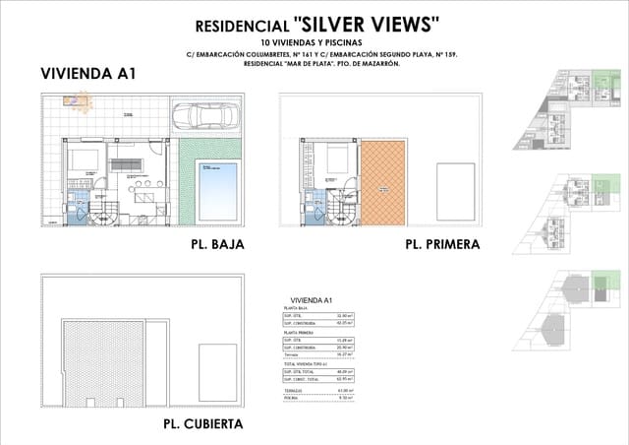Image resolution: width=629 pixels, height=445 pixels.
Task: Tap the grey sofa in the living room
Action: pyautogui.click(x=125, y=163)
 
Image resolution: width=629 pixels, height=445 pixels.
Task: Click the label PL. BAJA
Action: pyautogui.click(x=211, y=243)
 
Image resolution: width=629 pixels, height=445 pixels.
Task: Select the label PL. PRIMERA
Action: pyautogui.click(x=442, y=244)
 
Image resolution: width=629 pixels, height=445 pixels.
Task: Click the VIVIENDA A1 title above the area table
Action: pyautogui.click(x=312, y=299)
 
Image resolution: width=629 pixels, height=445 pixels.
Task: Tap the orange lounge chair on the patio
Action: pyautogui.click(x=78, y=100)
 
